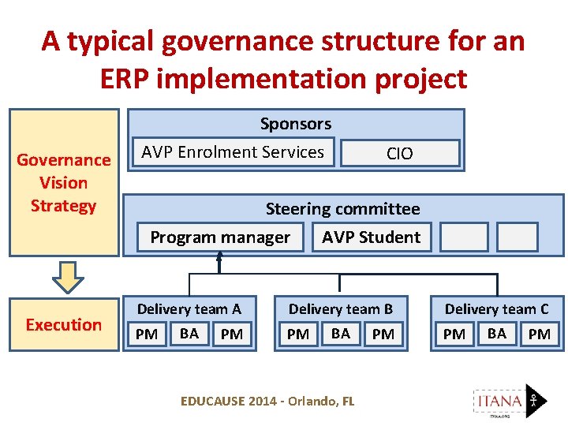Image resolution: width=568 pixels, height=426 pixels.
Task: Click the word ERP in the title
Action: pos(134,78)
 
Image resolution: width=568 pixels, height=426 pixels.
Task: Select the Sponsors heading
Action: pos(296,124)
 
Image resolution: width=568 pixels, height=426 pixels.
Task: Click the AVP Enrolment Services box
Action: pos(233,152)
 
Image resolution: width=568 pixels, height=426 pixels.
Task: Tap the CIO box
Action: pos(399,153)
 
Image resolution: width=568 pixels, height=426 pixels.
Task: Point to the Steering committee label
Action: pos(342,209)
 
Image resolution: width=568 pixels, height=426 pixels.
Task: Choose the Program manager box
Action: pos(220,237)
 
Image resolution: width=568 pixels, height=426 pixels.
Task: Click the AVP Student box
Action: pos(371,237)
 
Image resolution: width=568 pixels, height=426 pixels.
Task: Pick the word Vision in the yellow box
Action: pos(63,183)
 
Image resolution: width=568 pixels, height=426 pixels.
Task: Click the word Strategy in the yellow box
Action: pos(63,206)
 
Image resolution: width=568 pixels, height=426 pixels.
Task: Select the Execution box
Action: pos(63,324)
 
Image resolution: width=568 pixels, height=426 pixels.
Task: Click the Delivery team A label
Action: pos(189,309)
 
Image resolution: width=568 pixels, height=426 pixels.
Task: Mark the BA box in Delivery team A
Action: pos(189,334)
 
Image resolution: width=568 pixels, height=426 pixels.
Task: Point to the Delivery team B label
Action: pos(340,309)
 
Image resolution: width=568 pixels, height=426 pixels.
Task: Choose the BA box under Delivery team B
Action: pos(340,334)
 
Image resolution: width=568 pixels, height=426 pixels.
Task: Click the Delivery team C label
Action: pos(496,309)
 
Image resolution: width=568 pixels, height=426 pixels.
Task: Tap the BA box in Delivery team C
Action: pos(496,334)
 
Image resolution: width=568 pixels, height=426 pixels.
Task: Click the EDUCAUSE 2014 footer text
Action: pos(267,402)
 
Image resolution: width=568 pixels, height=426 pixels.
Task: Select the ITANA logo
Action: pos(509,402)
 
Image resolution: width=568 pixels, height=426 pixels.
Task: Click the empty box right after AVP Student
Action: pos(464,237)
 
